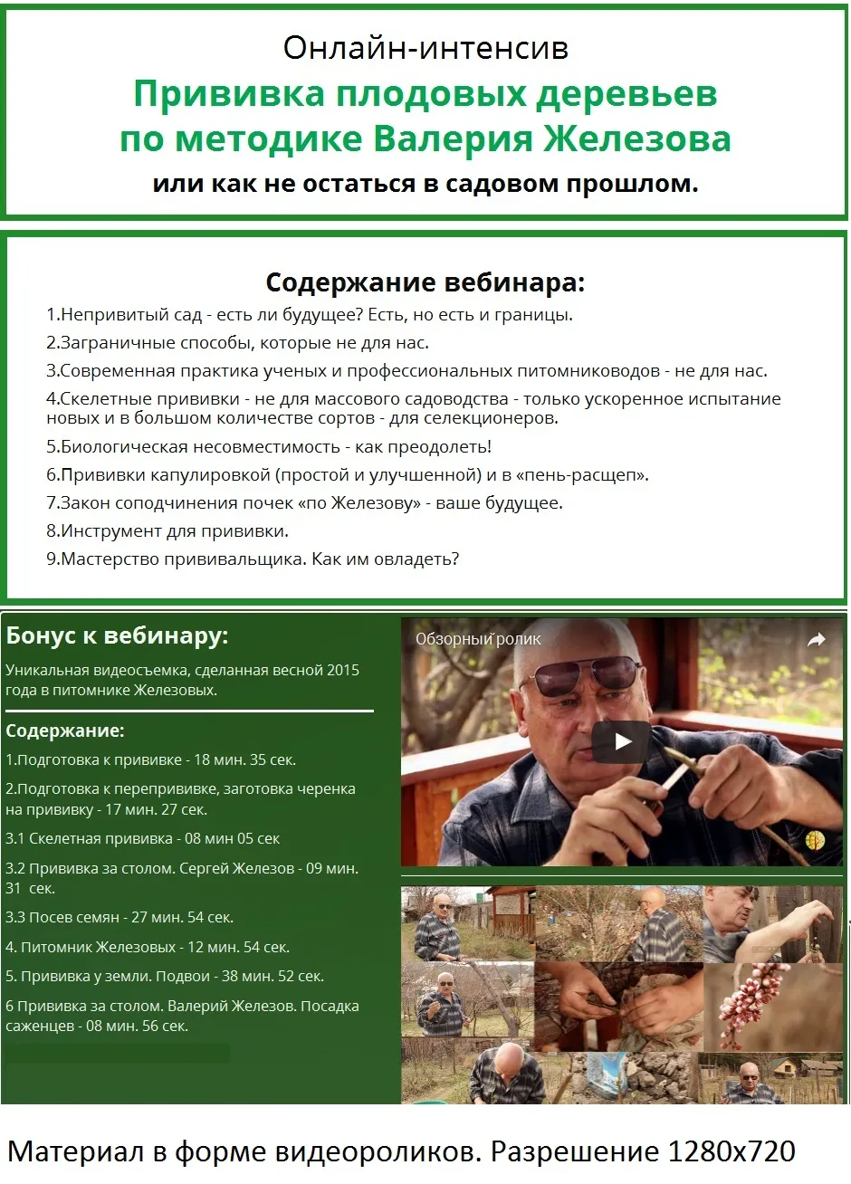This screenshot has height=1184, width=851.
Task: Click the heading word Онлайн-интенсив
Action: point(425,47)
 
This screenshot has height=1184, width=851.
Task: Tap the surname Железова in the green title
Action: point(636,139)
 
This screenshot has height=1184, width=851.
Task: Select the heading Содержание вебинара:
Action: point(425,282)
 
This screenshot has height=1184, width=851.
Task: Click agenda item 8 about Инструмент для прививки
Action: point(167,531)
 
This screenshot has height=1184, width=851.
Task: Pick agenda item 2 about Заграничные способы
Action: point(237,343)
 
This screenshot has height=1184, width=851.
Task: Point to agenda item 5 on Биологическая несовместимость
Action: point(269,447)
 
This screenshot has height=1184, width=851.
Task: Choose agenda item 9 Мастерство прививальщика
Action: point(253,559)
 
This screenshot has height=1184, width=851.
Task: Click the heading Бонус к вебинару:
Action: point(117,636)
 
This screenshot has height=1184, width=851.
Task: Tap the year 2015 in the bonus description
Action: point(343,671)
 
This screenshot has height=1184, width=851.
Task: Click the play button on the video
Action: point(622,742)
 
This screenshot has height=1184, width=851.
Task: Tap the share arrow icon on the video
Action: point(817,640)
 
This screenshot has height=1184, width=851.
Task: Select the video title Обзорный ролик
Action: point(478,639)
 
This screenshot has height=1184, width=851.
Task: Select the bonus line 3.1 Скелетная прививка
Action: point(142,839)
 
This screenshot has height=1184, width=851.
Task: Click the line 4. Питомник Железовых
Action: point(147,948)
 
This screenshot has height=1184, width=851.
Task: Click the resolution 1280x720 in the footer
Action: point(731,1152)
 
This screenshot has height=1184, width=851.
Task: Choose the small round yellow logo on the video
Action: point(815,840)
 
